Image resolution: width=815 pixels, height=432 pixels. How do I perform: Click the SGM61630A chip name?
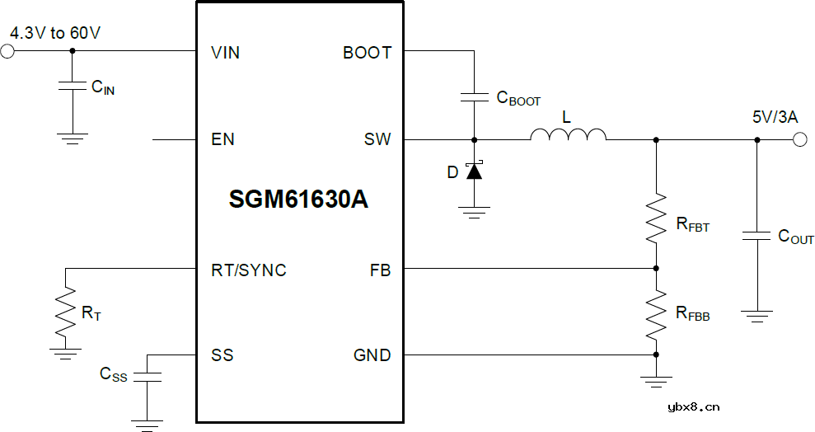[298, 200]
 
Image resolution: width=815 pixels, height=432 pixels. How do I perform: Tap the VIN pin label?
[225, 53]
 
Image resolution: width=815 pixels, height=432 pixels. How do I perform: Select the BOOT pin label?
[367, 53]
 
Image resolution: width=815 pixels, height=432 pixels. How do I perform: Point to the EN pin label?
[222, 139]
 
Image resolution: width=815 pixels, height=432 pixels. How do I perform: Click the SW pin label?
[377, 139]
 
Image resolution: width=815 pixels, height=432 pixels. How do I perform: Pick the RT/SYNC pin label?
[249, 270]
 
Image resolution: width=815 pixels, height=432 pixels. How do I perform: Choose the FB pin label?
[381, 270]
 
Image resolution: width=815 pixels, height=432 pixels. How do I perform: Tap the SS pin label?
[222, 355]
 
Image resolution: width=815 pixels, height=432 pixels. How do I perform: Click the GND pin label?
[372, 355]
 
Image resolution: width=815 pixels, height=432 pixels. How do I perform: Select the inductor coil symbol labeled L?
[568, 134]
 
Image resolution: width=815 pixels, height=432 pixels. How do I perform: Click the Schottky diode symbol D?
[474, 171]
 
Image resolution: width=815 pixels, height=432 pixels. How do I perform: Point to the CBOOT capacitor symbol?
[474, 97]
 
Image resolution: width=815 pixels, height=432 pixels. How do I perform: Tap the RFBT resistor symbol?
[656, 218]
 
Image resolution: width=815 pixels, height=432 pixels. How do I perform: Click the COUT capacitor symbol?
[756, 236]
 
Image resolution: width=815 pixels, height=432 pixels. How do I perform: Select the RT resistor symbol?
[66, 312]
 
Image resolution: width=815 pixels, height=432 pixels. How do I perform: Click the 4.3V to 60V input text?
[55, 33]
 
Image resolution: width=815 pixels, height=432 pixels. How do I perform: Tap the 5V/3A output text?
[774, 117]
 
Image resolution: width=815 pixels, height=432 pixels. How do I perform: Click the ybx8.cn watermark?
[694, 406]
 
